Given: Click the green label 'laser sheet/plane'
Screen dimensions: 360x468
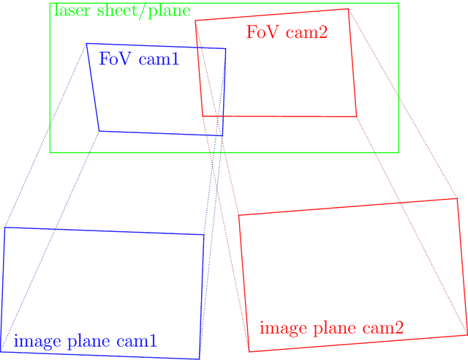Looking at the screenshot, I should tap(121, 11).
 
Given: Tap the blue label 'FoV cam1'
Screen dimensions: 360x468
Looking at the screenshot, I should tap(139, 59).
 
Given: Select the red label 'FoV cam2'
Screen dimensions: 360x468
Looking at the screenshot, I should tap(287, 32).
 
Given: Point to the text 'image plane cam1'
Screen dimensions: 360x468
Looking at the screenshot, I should tap(85, 341).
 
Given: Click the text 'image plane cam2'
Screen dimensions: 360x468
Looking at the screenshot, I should tap(331, 328).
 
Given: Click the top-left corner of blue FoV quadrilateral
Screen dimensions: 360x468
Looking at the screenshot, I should tap(86, 44).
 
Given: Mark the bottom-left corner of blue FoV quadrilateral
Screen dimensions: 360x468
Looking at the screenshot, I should tap(99, 131).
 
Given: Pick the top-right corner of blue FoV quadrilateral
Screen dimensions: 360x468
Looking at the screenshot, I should tap(225, 49).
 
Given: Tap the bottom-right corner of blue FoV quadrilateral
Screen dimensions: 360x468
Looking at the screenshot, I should tap(222, 135).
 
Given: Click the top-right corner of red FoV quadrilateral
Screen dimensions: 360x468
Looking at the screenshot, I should tap(348, 9).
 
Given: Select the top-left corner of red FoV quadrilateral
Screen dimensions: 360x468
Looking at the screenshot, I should tap(195, 20).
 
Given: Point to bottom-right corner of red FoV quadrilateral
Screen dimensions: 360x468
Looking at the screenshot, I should tap(356, 116).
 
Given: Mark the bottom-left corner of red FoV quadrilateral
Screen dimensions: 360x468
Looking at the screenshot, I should tap(203, 116).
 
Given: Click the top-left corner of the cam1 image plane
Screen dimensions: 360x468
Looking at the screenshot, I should tap(4, 228).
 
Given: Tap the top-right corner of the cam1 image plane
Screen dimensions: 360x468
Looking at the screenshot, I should tap(203, 235).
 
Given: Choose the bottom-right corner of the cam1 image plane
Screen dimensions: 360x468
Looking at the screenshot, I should tap(199, 359).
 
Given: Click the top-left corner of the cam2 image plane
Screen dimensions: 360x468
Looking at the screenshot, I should tap(239, 215).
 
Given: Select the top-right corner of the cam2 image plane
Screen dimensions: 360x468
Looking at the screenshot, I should tap(457, 198).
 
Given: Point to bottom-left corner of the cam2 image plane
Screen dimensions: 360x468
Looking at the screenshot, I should tap(250, 351).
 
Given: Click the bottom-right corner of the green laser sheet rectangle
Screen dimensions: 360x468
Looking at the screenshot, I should tap(399, 152).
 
